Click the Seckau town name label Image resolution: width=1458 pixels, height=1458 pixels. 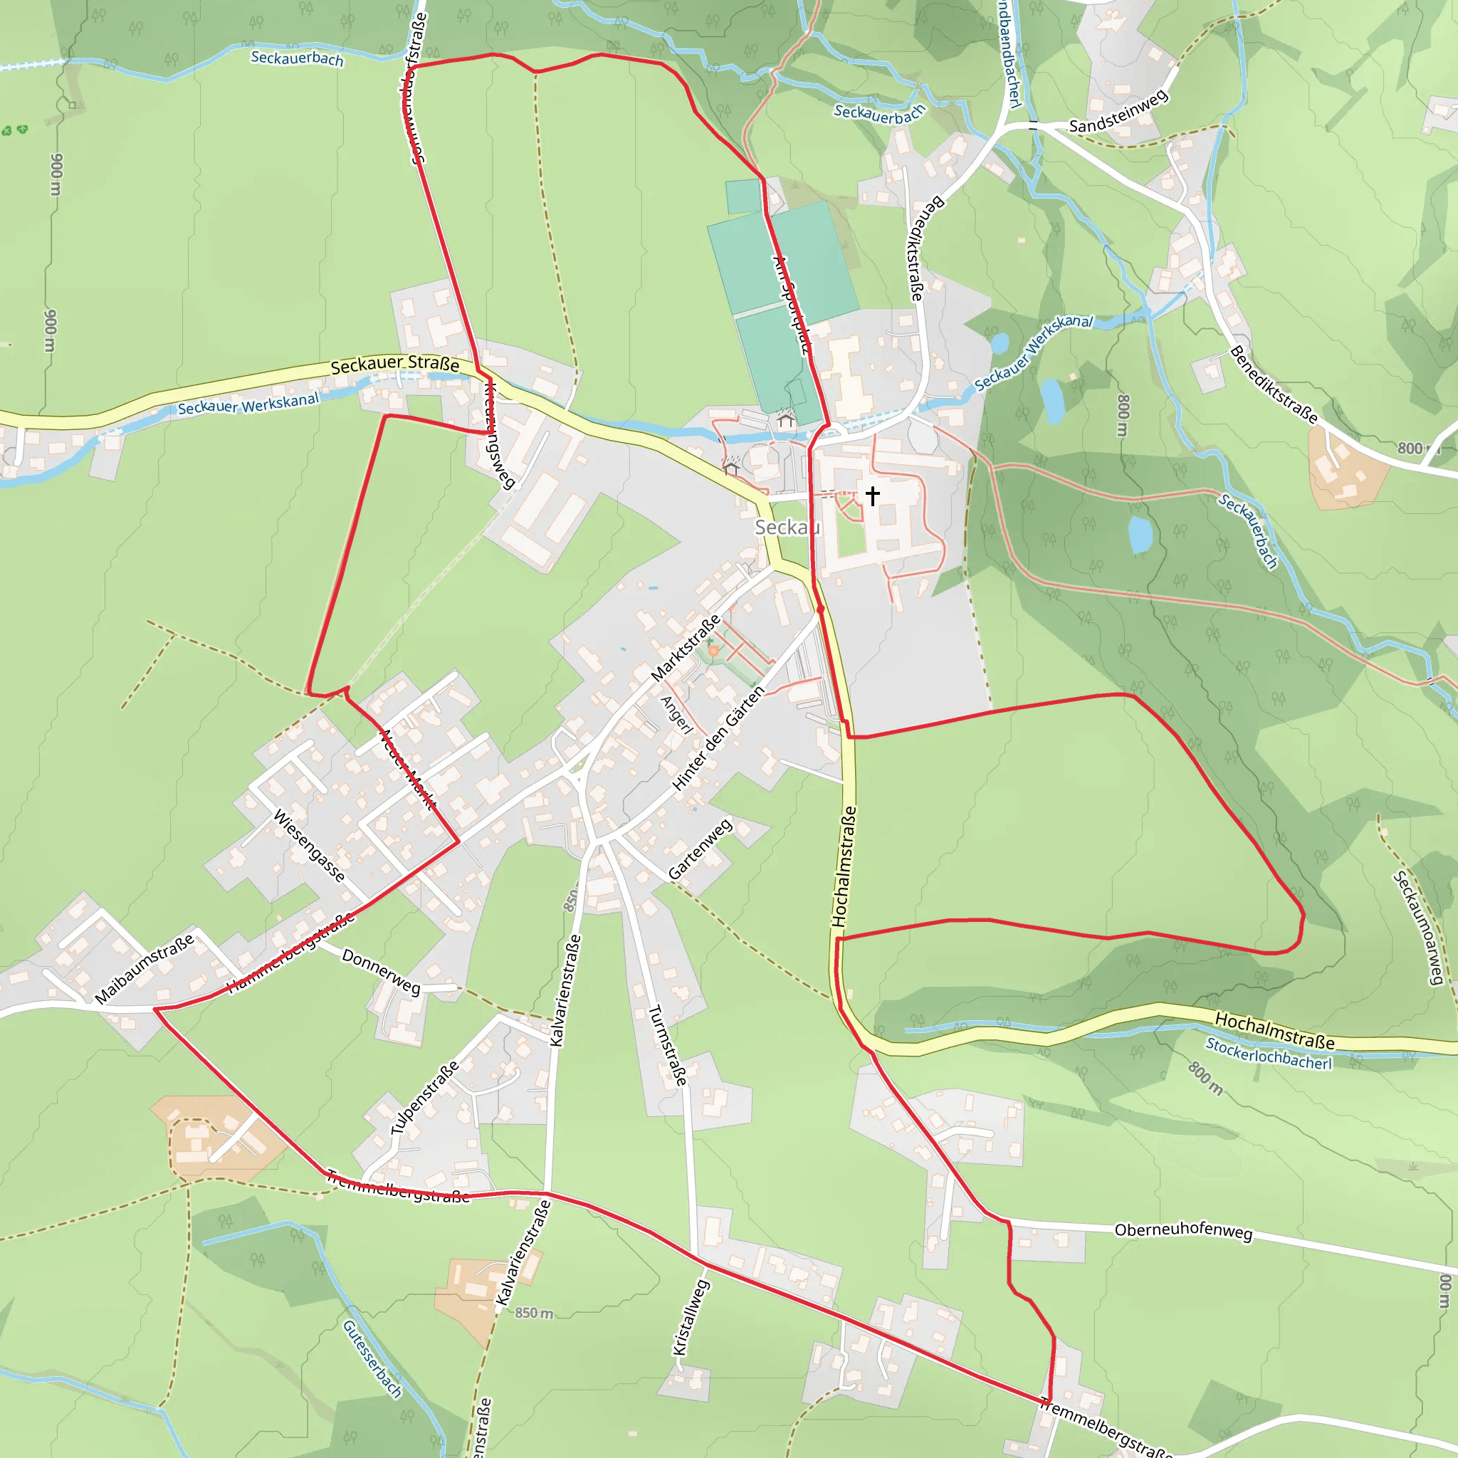pos(787,527)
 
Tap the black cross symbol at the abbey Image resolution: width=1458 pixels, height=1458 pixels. pos(872,495)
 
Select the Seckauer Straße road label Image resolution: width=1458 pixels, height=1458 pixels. pos(394,364)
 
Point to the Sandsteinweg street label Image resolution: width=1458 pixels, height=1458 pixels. pos(1118,112)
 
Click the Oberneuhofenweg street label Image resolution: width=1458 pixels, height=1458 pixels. pos(1183,1231)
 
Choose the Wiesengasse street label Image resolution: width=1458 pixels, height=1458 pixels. pos(309,845)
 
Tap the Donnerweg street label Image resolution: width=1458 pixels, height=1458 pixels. pos(381,971)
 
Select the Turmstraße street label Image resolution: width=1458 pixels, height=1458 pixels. pos(668,1045)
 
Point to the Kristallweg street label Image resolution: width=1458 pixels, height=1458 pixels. pos(691,1317)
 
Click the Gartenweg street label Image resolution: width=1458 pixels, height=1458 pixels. pos(700,848)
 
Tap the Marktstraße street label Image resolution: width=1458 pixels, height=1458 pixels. pos(686,649)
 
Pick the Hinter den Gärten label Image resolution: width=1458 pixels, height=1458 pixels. pos(718,738)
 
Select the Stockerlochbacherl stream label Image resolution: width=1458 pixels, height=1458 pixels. pos(1269,1053)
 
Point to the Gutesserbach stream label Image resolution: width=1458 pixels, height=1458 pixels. pos(372,1358)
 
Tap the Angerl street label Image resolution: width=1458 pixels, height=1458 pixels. pos(676,714)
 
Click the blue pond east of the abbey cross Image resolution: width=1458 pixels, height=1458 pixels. pos(1140,535)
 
